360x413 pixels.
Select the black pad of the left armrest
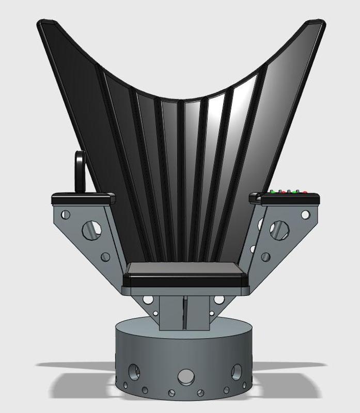tap(83, 198)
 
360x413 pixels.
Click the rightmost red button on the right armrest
tap(305, 193)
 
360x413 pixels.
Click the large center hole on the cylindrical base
tap(185, 376)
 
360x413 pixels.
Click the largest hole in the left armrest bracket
tap(92, 227)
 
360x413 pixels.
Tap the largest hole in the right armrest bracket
tap(279, 227)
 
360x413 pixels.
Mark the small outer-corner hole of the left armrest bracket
tap(65, 214)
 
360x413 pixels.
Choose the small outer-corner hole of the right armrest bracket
tap(306, 214)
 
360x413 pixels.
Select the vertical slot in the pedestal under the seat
tap(184, 312)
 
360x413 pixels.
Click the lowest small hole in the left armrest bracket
tap(105, 257)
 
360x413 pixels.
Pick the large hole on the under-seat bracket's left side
tap(147, 300)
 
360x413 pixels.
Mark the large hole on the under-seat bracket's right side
tap(221, 300)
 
